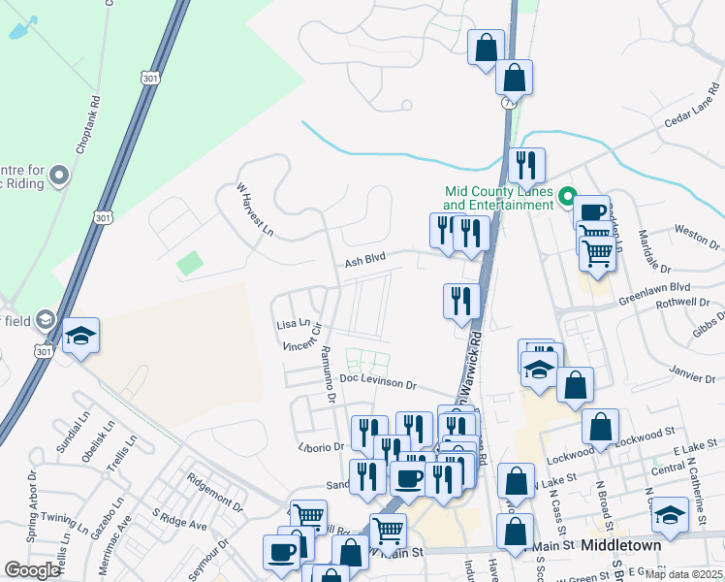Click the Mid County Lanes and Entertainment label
(x=498, y=198)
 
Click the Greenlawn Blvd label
(x=658, y=288)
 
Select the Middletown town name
(x=620, y=545)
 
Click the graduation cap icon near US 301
(x=81, y=336)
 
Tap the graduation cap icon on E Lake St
(x=670, y=513)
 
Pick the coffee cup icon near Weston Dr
(x=591, y=211)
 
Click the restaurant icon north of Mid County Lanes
(x=526, y=165)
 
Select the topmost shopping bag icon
(x=486, y=47)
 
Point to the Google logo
(x=32, y=570)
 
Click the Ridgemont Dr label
(x=215, y=490)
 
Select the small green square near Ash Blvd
(x=191, y=262)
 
